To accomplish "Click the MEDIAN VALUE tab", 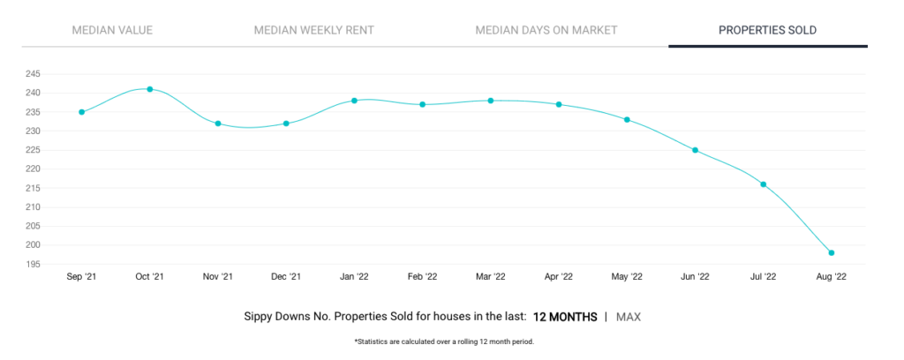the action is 112,30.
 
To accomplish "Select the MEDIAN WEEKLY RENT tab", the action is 314,30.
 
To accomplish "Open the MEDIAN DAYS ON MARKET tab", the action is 546,30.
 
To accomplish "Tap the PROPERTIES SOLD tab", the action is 767,30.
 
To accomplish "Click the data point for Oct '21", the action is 150,89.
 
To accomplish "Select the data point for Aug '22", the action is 832,253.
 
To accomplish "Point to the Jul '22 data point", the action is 764,184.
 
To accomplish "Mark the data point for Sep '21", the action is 82,112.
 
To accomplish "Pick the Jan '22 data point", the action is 355,101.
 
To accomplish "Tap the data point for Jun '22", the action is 696,150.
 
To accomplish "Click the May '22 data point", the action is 628,120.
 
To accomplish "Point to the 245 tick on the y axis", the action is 33,74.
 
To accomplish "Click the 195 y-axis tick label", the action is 33,265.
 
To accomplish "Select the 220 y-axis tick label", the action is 33,169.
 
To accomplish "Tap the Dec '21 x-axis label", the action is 286,277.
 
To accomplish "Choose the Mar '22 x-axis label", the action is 491,277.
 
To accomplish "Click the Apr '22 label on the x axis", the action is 559,277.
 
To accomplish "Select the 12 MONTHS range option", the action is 565,317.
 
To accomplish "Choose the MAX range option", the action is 629,317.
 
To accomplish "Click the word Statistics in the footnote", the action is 370,341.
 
